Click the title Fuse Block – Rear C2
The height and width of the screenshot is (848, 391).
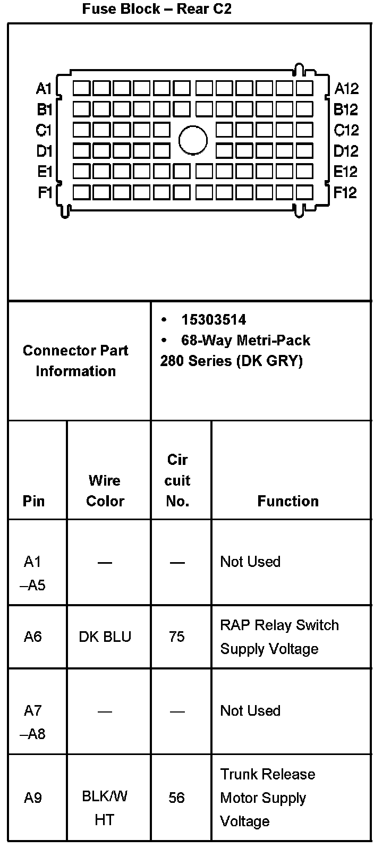pos(157,9)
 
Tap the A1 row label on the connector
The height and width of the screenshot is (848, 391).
pos(44,88)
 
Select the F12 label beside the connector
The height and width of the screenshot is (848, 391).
pos(345,192)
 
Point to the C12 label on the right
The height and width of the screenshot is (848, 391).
pos(346,130)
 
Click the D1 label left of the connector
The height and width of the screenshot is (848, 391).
pos(44,151)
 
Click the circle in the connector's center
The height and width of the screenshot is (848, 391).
pos(193,140)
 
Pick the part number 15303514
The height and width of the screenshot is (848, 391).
pos(214,320)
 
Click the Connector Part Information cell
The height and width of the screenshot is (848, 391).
pos(75,360)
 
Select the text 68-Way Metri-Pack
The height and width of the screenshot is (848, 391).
pos(245,340)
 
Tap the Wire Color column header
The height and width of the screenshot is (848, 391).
pos(105,490)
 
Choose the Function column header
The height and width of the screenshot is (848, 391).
pos(288,501)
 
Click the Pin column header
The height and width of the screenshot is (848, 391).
pos(34,501)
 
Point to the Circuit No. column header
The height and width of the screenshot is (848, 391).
pos(177,480)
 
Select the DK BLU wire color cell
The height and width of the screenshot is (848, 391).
pos(105,637)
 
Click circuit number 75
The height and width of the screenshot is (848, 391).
pos(177,637)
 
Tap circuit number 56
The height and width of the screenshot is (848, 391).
pos(177,798)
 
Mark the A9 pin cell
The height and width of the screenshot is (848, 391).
pos(33,798)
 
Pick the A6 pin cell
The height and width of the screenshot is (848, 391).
pos(33,637)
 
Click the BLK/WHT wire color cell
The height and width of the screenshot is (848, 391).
pos(105,808)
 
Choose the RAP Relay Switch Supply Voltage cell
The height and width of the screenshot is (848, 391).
pos(279,637)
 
